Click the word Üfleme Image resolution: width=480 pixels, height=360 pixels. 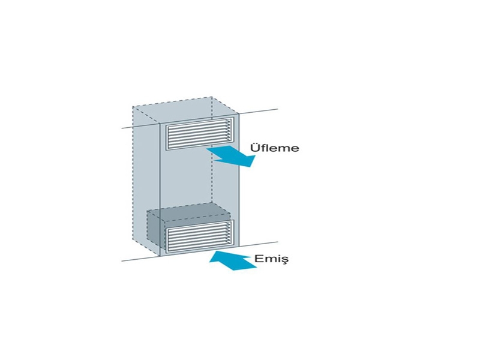275,148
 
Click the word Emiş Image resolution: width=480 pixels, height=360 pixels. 272,259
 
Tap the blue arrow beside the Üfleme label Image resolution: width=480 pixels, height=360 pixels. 232,155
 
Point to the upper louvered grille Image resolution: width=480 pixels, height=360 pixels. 200,134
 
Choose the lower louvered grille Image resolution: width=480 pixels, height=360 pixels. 200,236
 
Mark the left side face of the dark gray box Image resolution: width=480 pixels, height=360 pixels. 154,227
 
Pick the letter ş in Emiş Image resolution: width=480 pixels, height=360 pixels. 285,260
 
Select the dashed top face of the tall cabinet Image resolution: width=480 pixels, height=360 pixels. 186,110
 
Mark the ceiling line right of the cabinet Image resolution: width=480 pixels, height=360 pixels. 259,111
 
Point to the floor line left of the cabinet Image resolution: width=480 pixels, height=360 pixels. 141,259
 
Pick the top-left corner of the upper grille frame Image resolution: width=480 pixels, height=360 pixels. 166,124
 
